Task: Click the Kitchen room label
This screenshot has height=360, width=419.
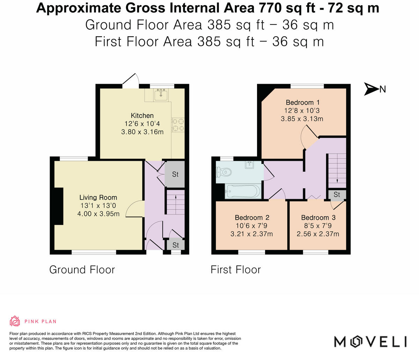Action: [142, 115]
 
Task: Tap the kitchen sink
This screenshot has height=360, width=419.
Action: [161, 93]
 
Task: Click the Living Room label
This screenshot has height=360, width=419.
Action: [98, 197]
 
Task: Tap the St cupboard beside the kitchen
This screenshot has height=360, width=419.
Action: [175, 174]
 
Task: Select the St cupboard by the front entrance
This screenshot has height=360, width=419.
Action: [176, 245]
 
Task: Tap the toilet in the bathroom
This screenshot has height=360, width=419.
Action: [224, 172]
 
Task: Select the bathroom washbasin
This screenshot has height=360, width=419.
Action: [250, 165]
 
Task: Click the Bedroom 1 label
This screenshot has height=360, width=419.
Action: [302, 103]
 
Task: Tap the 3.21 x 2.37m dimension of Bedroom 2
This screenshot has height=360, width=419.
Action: [251, 234]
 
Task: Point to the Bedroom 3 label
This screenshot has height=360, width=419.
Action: [318, 218]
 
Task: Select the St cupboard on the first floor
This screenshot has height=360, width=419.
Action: [337, 194]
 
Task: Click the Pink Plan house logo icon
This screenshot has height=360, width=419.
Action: [15, 321]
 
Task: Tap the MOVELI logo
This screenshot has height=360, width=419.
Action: [370, 341]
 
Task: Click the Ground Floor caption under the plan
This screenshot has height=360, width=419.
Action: [82, 270]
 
